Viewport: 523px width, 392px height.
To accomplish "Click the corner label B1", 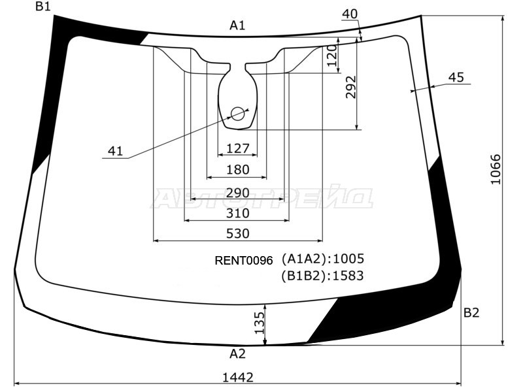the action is point(43,6).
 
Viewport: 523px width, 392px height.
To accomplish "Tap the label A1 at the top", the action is point(237,25).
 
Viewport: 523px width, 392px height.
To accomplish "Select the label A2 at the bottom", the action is point(237,353).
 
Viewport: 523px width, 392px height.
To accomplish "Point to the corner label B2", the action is point(471,313).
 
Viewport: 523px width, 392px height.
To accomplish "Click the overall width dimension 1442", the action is point(238,378).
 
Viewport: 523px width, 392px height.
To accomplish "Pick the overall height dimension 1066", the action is point(496,169).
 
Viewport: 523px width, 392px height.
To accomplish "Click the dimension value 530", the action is point(238,234).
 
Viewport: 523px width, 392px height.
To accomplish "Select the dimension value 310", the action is point(238,214).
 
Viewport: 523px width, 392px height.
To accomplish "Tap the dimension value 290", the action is point(238,193).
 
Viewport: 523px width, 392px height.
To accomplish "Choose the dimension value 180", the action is point(238,170).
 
